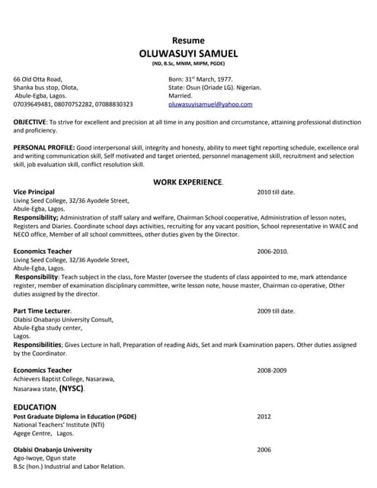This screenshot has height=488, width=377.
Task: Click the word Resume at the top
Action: tap(188, 40)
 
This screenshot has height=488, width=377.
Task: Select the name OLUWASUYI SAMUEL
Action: tap(188, 53)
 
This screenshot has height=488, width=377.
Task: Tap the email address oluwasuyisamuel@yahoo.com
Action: tap(209, 104)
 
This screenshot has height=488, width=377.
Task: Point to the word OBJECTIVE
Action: tap(30, 122)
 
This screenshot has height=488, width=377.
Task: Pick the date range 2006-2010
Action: tap(272, 251)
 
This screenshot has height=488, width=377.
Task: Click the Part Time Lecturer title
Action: tap(42, 311)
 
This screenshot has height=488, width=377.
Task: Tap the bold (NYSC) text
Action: tap(72, 388)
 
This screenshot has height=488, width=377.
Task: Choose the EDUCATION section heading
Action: tap(35, 407)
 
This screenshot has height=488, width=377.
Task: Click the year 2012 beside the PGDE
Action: tap(264, 417)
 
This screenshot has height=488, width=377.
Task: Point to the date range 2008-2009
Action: tap(272, 370)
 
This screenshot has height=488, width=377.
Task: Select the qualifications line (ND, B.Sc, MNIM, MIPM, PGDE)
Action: tap(188, 66)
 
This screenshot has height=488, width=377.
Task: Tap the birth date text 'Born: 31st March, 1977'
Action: tap(200, 79)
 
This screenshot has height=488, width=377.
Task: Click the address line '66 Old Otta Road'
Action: tap(38, 79)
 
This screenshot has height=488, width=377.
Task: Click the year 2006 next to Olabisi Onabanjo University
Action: tap(264, 450)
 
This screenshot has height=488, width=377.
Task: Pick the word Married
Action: tap(181, 96)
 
